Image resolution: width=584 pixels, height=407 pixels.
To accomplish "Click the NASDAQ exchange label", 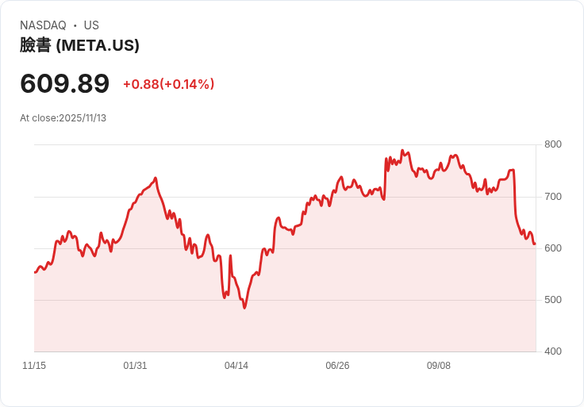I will coord(43,25).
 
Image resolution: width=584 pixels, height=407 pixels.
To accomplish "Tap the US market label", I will coord(91,25).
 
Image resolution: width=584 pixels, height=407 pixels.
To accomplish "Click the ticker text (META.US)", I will coord(98,45).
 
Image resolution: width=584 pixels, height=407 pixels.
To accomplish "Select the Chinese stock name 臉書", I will coord(35,45).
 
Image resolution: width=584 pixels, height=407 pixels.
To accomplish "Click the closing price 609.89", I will coord(65,83).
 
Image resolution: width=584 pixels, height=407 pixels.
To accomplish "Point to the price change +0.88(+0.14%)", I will coord(168,84).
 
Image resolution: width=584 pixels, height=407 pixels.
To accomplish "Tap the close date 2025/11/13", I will coord(83,118).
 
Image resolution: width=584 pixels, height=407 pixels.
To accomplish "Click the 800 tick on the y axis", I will coord(552,144).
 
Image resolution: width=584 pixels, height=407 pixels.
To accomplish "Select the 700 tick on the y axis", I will coord(552,196).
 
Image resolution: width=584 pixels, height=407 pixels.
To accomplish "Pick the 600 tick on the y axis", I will coord(552,248).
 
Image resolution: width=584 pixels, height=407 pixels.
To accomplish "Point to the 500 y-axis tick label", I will coord(552,299).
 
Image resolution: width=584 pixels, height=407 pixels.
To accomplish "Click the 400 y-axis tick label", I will coord(552,351).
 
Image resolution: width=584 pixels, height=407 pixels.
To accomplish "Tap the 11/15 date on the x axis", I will coord(34,366).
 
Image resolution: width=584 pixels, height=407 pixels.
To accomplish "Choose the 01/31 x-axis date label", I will coord(135,366).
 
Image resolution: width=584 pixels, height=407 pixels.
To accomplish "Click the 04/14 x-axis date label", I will coord(236,366).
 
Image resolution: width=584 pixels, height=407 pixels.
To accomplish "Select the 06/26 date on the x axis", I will coord(337,366).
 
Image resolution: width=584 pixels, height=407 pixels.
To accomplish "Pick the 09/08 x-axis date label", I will coord(439,366).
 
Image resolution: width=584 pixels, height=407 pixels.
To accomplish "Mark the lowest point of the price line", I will coord(244,307).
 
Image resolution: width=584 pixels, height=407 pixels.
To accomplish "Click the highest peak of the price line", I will coord(402,150).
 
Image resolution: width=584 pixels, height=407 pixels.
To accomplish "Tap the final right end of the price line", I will coord(535,244).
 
